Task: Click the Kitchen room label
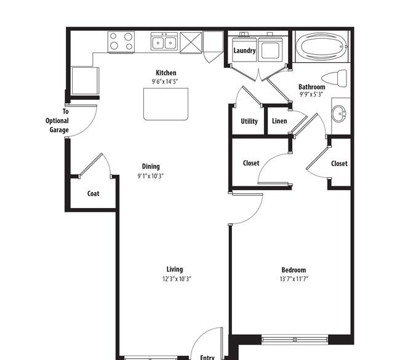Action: (166, 73)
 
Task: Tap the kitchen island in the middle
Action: (166, 104)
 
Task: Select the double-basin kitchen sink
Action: (164, 41)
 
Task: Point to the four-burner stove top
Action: (121, 42)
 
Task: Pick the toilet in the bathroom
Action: (334, 78)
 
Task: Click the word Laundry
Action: (244, 50)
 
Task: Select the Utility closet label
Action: (249, 121)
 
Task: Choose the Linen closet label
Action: (279, 121)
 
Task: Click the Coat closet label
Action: (93, 194)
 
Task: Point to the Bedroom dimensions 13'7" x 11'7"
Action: (294, 279)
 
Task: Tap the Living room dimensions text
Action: (177, 279)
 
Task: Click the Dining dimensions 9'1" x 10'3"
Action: (151, 176)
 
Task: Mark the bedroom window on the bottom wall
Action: (295, 340)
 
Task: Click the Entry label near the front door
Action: (207, 357)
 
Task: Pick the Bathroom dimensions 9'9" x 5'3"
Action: (311, 95)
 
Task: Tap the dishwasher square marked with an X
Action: (191, 42)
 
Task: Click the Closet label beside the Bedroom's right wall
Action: (339, 164)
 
